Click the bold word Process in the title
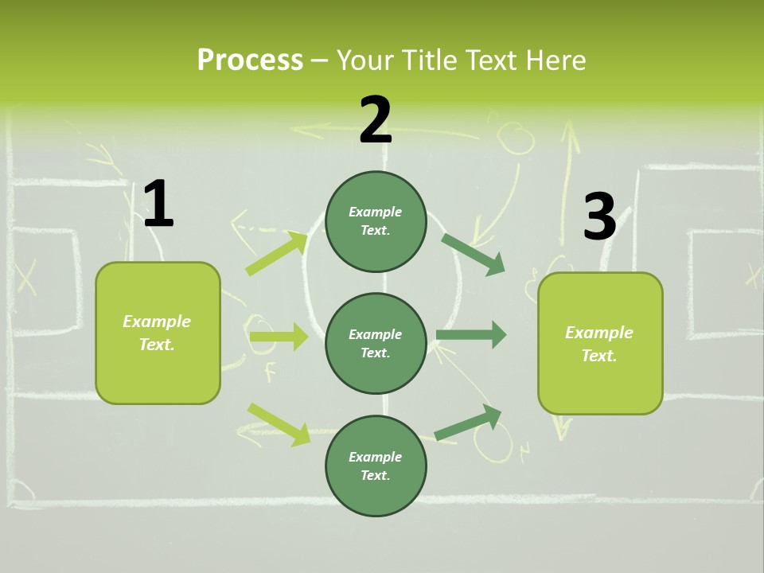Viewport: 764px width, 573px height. (250, 60)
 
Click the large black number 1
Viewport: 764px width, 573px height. (158, 205)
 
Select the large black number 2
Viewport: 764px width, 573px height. (376, 120)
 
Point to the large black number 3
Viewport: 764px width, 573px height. (599, 216)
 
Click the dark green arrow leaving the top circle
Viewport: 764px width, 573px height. (473, 254)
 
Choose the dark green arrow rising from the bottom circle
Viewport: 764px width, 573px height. (468, 423)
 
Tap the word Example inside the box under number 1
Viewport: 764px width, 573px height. (157, 322)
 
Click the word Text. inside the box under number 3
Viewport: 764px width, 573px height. (599, 356)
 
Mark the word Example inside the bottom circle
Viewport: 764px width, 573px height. (375, 457)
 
